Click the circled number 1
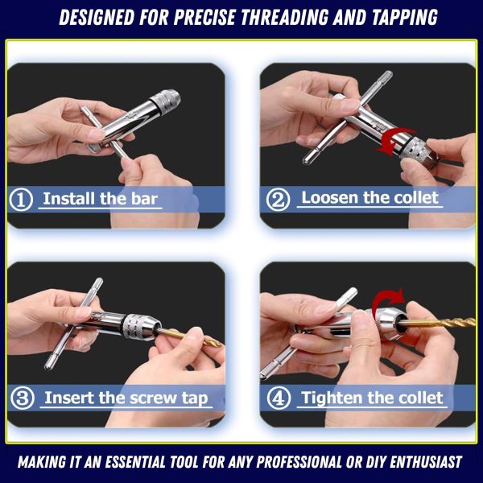[21, 200]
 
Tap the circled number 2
[278, 200]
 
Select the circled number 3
[23, 398]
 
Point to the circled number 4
[279, 398]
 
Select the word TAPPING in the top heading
[405, 17]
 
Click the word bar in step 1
[144, 199]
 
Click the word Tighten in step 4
[329, 398]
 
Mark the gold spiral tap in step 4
[437, 323]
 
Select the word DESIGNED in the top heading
[97, 17]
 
